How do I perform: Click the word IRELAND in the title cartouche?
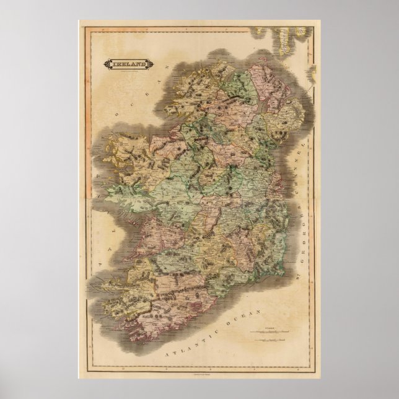[x=129, y=63]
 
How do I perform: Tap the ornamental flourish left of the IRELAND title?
[x=107, y=63]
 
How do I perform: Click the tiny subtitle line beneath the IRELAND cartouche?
[x=129, y=70]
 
